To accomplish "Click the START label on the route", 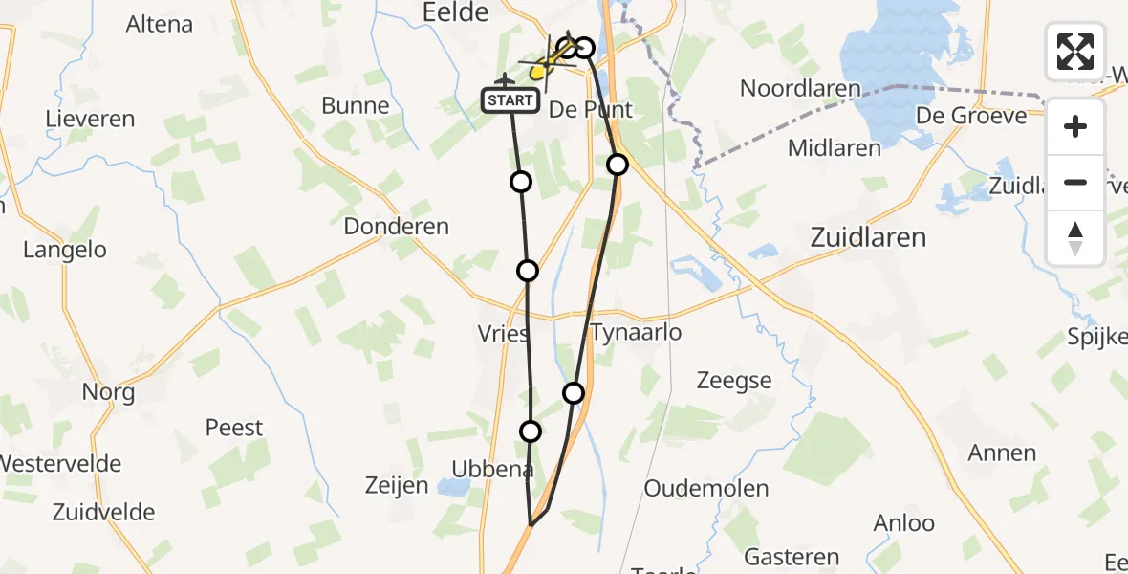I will [x=510, y=100].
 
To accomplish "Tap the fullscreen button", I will [x=1075, y=52].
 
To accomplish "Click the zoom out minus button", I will [x=1075, y=182].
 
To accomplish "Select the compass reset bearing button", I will [x=1075, y=237].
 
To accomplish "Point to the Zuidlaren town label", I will [x=867, y=237].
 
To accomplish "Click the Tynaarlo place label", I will [x=636, y=333].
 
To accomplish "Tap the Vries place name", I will [x=503, y=334].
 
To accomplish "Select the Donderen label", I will [x=409, y=227].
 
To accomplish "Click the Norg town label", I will [x=108, y=391].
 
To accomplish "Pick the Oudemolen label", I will [x=705, y=488].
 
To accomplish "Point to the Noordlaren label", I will [x=800, y=89].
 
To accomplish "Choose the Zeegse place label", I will [x=734, y=381].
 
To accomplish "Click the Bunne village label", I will [x=356, y=105].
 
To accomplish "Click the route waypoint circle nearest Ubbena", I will [x=530, y=431].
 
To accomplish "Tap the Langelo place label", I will [x=65, y=250].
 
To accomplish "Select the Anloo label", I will [x=903, y=522].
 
